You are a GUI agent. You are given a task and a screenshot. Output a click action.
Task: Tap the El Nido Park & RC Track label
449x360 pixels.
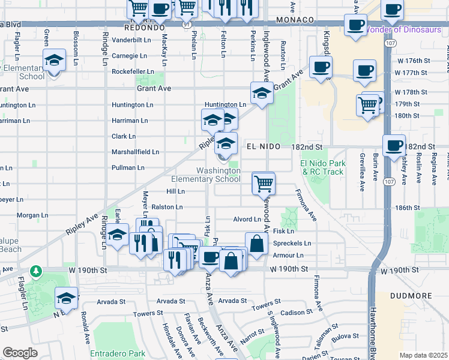click(x=324, y=167)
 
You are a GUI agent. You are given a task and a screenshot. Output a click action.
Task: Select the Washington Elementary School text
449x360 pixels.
click(x=206, y=175)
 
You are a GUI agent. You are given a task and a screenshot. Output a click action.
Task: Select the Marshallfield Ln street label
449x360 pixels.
click(x=135, y=152)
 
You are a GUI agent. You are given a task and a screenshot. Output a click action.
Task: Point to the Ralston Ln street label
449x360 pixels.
click(x=167, y=207)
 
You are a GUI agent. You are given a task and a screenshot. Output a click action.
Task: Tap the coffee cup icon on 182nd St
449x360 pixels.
click(x=394, y=146)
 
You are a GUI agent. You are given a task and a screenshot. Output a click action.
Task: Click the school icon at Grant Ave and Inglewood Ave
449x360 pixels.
click(x=261, y=94)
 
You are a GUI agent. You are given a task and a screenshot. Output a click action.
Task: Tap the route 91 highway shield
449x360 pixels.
click(x=188, y=25)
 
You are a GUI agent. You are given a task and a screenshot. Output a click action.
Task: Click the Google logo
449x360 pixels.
click(x=20, y=353)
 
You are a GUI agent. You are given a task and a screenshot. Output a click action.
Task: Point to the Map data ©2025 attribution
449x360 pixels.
click(x=423, y=355)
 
